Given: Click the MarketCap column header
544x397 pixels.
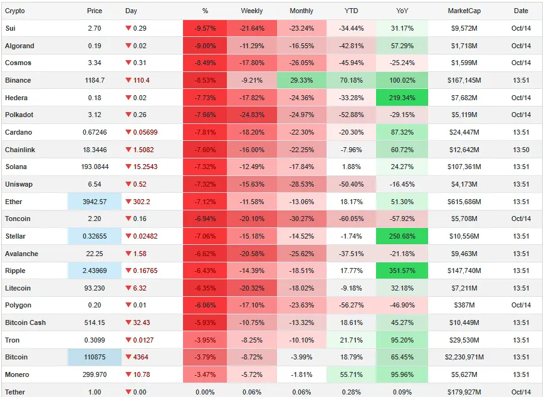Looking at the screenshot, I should (x=464, y=11).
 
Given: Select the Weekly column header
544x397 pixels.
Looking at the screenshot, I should (x=252, y=11).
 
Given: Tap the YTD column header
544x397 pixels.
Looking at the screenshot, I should (x=352, y=11).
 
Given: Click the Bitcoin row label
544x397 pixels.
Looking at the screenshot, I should (x=16, y=357).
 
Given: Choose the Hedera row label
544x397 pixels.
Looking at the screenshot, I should (x=16, y=98).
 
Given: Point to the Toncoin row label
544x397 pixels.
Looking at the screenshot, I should (x=18, y=219).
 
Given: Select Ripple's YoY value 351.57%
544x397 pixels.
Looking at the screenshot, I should (x=402, y=271).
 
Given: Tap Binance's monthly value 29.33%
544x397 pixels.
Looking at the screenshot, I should (x=302, y=80).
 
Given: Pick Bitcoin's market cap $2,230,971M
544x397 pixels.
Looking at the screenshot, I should (x=464, y=357).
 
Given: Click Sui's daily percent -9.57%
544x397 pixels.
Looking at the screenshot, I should (x=205, y=29).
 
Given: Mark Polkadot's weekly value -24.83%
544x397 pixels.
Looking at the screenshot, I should (x=252, y=115).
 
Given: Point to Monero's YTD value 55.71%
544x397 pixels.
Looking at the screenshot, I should (x=352, y=374).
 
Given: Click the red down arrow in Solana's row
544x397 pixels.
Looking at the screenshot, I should (x=129, y=167).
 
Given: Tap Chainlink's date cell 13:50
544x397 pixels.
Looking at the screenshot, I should (x=521, y=150).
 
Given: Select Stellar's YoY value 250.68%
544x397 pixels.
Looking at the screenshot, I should (x=402, y=236).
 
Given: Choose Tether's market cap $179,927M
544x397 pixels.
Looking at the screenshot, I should (x=464, y=392).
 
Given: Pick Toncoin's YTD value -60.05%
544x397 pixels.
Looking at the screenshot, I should (x=352, y=219).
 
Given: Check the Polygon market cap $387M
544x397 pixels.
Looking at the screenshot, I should (x=464, y=306).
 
